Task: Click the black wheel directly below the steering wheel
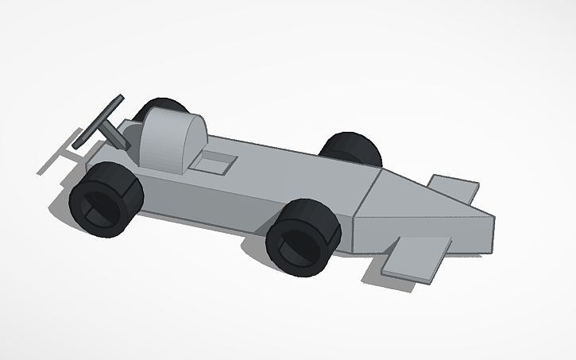click(105, 198)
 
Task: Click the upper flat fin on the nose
click(453, 188)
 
